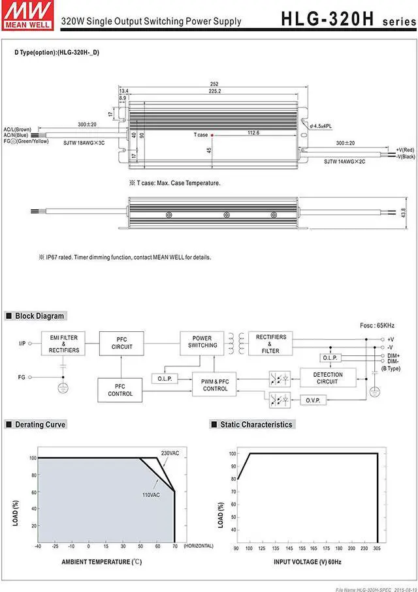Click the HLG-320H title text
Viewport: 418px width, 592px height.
(x=327, y=18)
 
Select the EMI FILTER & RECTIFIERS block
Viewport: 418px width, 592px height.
(x=63, y=344)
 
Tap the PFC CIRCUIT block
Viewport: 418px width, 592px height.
(x=121, y=343)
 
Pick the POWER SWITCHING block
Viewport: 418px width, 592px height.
(x=202, y=342)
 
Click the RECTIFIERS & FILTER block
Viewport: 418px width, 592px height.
(x=270, y=344)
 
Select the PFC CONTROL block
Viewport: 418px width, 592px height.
(x=120, y=390)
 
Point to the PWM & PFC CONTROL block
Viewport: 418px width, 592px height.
(x=215, y=385)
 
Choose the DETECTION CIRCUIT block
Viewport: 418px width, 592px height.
(x=327, y=378)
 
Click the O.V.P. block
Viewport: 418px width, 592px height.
(x=312, y=400)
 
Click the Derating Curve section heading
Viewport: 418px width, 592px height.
(x=40, y=424)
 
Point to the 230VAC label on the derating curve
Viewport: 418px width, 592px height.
(x=170, y=452)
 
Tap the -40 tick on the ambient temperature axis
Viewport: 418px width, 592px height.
(x=38, y=546)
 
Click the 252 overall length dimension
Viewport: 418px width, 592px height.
(x=214, y=84)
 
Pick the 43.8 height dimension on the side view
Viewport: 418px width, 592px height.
(x=403, y=213)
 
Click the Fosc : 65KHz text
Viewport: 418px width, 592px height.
(x=377, y=325)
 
